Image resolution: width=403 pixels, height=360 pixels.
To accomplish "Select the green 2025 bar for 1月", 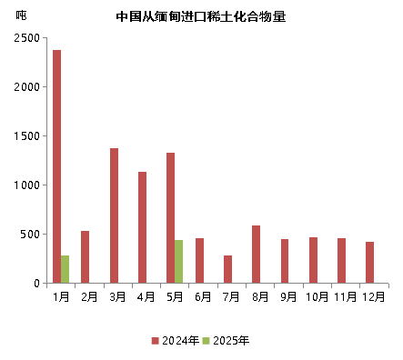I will pos(65,269).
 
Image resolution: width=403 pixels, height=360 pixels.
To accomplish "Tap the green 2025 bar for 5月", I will pos(178,261).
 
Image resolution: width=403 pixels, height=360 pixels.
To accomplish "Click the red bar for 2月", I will pos(85,256).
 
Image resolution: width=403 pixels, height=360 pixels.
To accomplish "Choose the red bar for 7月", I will pos(227,269).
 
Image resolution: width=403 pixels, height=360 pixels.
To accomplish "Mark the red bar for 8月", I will pos(256,254).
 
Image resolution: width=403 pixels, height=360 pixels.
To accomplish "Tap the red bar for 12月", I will pos(369,262).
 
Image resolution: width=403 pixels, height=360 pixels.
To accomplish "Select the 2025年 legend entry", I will pos(226,341).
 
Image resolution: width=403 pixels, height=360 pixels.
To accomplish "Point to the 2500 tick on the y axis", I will pos(26,38).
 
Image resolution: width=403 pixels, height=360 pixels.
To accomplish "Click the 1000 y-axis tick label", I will pos(26,185).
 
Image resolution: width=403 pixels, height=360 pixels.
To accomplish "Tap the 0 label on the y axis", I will pos(36,284).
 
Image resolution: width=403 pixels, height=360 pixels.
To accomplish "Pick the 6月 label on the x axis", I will pos(204,296).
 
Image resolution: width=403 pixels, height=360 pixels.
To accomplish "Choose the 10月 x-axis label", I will pos(317,296).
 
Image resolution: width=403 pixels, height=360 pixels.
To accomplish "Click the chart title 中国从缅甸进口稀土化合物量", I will pos(201,16).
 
